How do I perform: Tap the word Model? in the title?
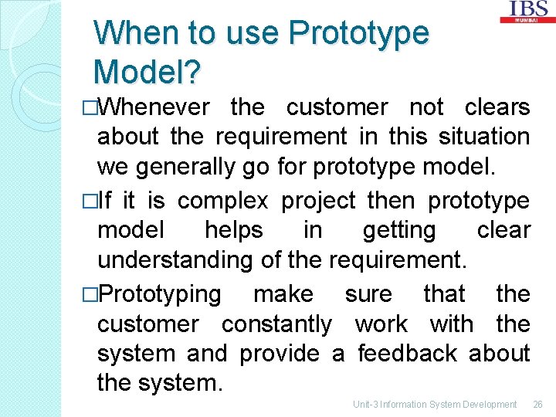click(x=147, y=71)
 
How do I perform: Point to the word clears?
click(x=497, y=107)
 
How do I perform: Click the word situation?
click(x=484, y=137)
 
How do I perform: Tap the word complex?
click(x=222, y=201)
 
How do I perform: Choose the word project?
click(x=318, y=201)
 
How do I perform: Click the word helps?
click(x=233, y=230)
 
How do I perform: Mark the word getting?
click(x=398, y=230)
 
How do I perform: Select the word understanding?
click(x=175, y=259)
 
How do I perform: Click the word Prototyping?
click(x=160, y=294)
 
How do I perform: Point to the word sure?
click(x=368, y=294)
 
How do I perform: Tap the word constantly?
click(x=276, y=324)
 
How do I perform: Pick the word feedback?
click(x=407, y=353)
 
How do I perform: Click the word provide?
click(x=280, y=353)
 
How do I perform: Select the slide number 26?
click(x=537, y=404)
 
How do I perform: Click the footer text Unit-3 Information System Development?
click(x=435, y=404)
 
